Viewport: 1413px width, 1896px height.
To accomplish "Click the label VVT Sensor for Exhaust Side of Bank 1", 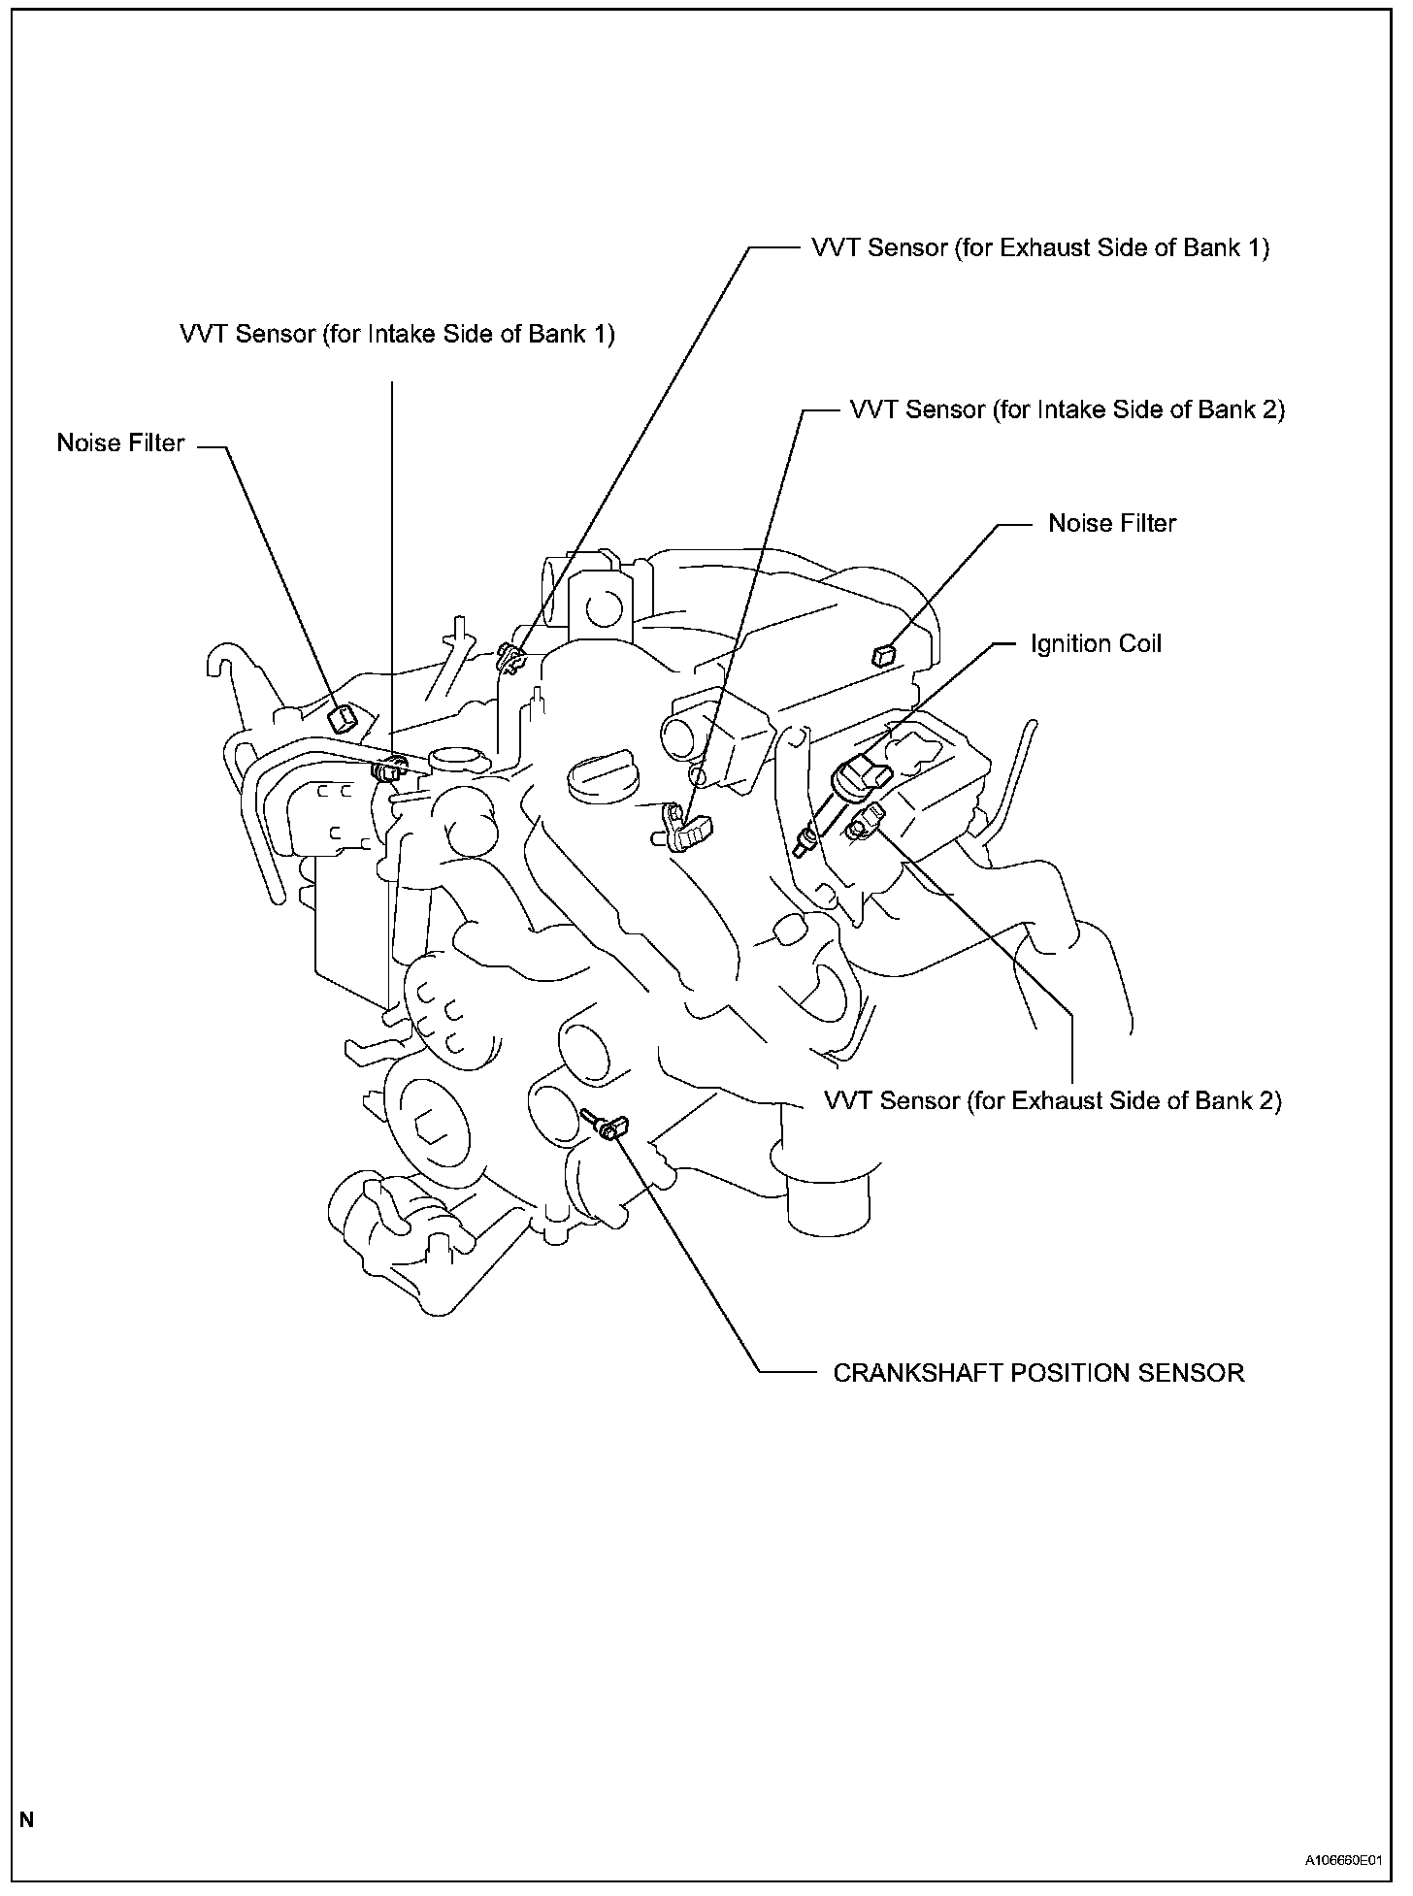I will [1040, 248].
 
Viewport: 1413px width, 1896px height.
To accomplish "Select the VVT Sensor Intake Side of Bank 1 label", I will [397, 334].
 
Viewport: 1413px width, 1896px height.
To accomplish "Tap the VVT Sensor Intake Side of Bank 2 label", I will [1068, 409].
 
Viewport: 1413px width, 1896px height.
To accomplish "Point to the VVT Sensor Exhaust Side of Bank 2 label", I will [1053, 1101].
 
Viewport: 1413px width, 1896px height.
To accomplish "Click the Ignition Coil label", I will [1096, 644].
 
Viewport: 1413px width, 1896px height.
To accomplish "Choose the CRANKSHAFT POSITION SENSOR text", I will [1038, 1373].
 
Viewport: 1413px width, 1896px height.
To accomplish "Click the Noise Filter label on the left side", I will [120, 443].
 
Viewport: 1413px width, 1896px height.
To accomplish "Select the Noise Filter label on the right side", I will [1112, 524].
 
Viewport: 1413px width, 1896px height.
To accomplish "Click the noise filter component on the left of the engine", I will [343, 719].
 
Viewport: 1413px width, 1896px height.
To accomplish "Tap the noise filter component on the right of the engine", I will [882, 655].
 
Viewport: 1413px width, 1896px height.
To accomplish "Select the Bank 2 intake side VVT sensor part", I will [687, 826].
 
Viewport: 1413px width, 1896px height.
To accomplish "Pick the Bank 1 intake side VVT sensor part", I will [387, 770].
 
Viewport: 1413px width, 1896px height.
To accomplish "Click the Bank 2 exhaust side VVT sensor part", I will [865, 820].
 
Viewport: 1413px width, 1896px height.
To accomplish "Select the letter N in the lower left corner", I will [27, 1819].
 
